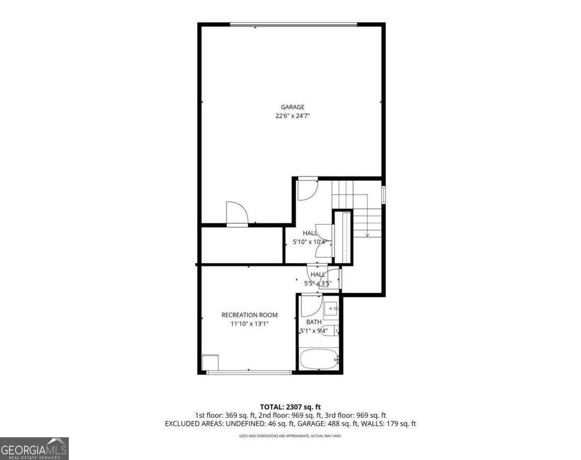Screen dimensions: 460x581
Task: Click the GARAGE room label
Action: [x=292, y=107]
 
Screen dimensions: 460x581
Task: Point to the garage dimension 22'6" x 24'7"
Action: [x=292, y=116]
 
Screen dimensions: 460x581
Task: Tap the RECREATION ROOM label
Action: [x=249, y=315]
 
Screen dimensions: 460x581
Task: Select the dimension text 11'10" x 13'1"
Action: [x=249, y=324]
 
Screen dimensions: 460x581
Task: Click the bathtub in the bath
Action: [x=320, y=359]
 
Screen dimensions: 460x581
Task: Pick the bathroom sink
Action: [x=331, y=308]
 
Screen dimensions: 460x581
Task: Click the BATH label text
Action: [x=314, y=322]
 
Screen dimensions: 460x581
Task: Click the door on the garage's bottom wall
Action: [x=237, y=214]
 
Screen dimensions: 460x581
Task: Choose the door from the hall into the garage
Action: [x=307, y=189]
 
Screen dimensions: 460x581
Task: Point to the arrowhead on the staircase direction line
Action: [x=367, y=236]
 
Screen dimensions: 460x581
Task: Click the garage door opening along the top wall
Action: [x=293, y=24]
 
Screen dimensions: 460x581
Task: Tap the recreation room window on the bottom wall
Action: [x=249, y=372]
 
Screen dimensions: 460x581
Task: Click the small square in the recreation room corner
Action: [x=211, y=362]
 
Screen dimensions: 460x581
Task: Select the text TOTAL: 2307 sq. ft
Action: [x=290, y=407]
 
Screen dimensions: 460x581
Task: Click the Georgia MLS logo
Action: [x=34, y=448]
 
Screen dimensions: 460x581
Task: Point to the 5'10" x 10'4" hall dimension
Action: [x=310, y=241]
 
